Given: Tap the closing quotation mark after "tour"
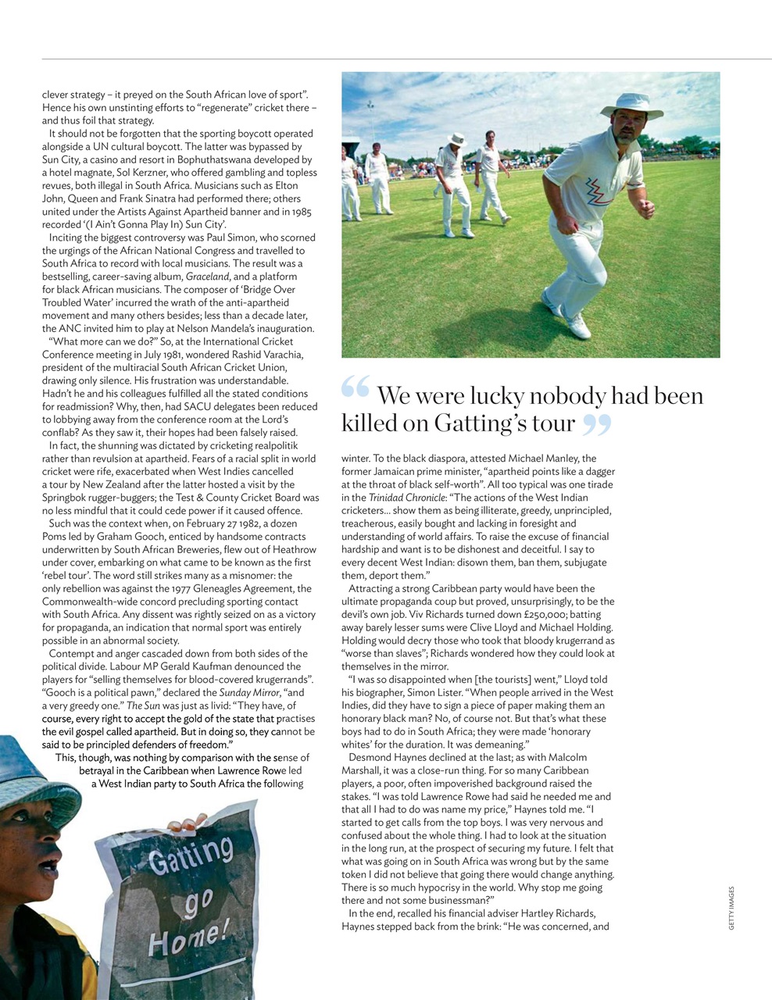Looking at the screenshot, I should tap(596, 425).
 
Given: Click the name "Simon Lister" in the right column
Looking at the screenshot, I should tap(441, 692).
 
